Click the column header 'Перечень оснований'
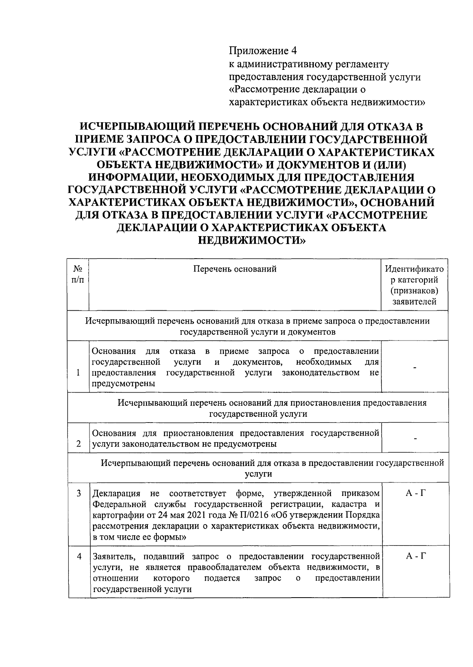pos(235,269)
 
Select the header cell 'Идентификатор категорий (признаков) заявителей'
pos(414,285)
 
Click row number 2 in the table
pos(78,444)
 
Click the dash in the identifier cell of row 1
pos(415,367)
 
